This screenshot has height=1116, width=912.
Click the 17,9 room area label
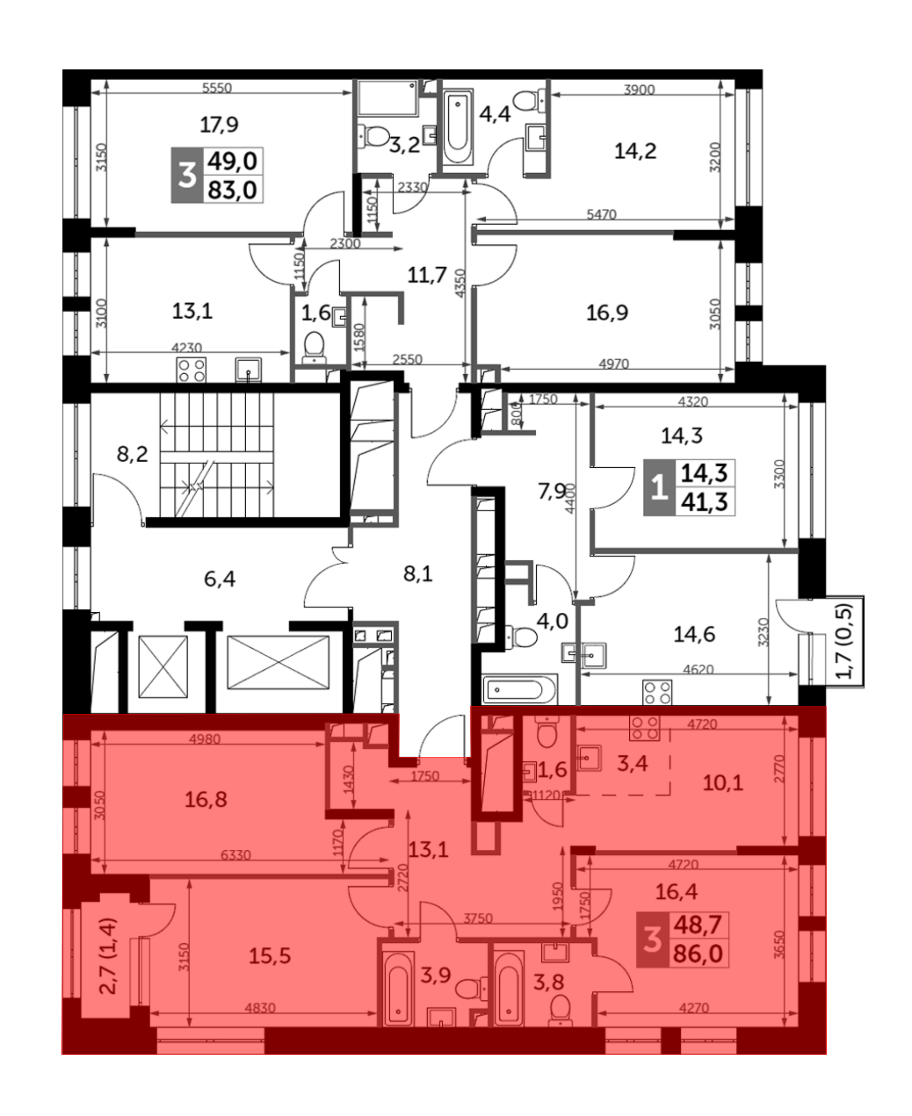219,124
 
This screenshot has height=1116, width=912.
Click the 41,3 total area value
705,502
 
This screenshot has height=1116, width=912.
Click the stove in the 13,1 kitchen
191,370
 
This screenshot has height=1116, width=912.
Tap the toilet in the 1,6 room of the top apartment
315,347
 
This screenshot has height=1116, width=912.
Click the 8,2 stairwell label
132,454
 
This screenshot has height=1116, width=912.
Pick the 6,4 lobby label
220,579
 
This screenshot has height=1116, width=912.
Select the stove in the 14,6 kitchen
657,692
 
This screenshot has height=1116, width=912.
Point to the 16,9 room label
607,313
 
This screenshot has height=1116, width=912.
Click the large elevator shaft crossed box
278,662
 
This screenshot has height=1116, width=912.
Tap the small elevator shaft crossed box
163,666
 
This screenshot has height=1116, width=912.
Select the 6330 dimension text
235,855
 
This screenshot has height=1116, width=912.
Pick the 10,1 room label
723,783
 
